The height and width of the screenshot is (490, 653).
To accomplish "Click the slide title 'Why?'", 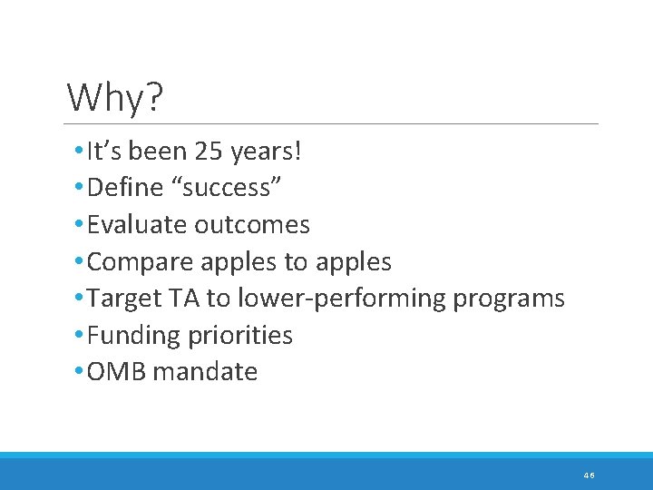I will point(115,97).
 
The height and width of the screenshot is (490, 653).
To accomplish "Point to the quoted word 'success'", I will point(226,188).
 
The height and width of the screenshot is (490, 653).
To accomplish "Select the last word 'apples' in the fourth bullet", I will point(354,262).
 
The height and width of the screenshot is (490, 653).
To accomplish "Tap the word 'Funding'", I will point(134,335).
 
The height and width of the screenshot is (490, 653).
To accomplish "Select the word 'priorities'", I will point(240,335).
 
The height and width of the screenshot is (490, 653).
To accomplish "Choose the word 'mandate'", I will point(206,371).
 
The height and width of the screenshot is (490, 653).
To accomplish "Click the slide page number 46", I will point(590,475).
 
